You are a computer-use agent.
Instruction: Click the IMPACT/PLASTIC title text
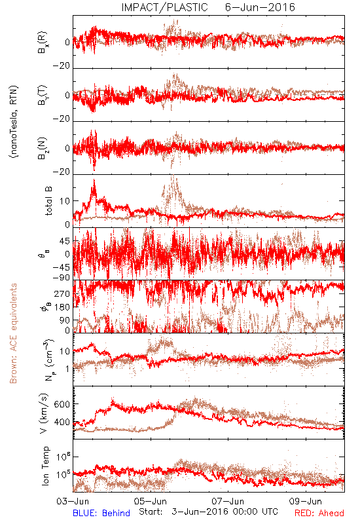pos(165,7)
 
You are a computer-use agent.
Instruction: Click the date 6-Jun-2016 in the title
pos(260,7)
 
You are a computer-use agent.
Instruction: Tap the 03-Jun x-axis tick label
pos(73,501)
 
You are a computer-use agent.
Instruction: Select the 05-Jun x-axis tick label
pos(151,501)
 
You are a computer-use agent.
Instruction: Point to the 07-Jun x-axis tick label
pos(228,501)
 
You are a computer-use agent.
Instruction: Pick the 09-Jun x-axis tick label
pos(306,501)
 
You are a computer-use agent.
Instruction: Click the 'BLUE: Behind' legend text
pos(101,513)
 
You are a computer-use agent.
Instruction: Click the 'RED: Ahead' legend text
pos(319,513)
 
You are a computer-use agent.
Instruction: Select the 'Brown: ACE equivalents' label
pos(13,333)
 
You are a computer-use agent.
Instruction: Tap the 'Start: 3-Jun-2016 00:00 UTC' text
pos(208,512)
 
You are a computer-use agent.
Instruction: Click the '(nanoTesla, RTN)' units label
pos(14,122)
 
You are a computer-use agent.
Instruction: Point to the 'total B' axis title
pos(48,200)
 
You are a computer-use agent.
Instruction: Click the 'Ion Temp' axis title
pos(45,466)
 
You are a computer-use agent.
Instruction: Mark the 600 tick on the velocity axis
pos(62,404)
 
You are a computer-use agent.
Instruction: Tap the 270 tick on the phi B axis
pos(62,293)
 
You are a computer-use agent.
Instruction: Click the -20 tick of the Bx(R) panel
pos(62,66)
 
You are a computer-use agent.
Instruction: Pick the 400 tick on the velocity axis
pos(62,422)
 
